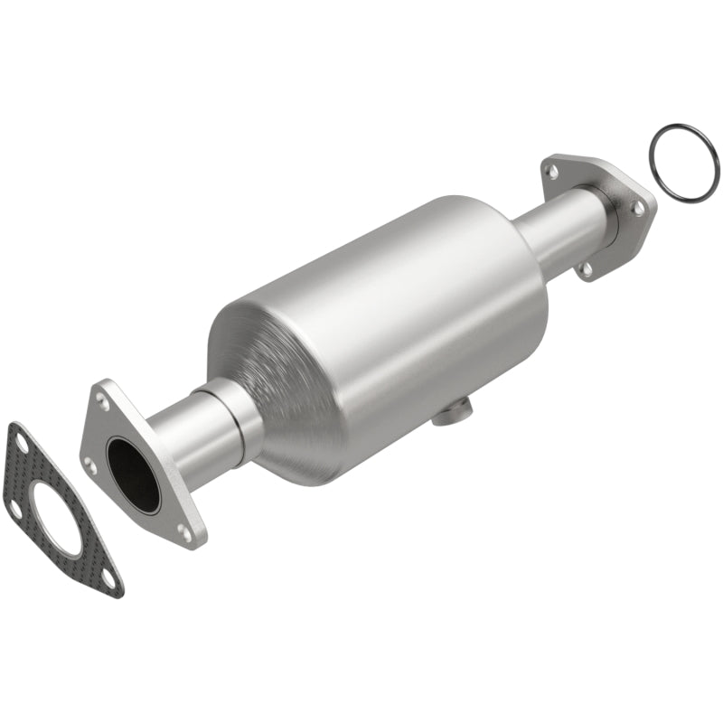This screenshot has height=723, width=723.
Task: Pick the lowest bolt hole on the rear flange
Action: pos(587,268)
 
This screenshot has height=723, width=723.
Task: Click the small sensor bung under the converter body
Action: pos(448,415)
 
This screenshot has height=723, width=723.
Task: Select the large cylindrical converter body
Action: pos(407,307)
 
